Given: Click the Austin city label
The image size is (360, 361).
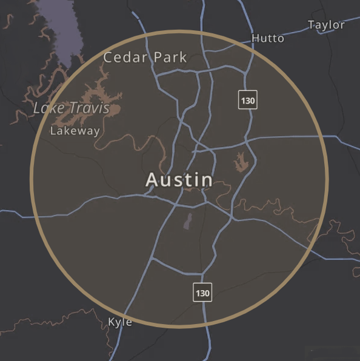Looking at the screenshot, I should (179, 180).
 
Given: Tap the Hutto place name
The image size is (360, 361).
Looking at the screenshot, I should (267, 39).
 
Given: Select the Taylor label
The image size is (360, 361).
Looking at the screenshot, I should (326, 25).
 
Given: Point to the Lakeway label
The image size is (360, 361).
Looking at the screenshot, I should (75, 131).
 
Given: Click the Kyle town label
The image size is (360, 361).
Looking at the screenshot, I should (119, 322).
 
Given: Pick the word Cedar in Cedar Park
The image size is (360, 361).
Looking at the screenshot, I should (123, 58).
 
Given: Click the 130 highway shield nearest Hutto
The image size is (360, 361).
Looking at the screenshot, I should (247, 100).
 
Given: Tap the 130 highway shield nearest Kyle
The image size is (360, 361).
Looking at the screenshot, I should (202, 293).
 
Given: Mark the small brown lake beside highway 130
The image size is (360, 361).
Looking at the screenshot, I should (242, 161).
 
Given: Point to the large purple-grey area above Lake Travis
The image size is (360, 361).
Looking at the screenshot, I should (61, 27).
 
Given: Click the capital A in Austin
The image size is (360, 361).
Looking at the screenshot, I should (152, 180).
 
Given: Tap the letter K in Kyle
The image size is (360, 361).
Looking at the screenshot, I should (112, 322).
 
